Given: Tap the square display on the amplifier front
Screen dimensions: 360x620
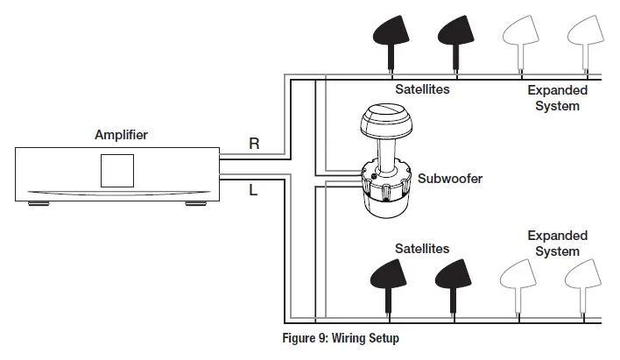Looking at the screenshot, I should click(117, 170).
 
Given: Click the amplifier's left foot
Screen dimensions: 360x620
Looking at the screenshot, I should click(38, 205).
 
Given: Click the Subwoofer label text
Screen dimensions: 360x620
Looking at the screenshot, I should click(450, 179).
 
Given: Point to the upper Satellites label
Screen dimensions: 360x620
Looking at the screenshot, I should click(421, 90).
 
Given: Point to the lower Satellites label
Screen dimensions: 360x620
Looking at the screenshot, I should click(421, 249).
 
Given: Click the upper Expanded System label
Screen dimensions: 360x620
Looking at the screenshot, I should click(557, 98).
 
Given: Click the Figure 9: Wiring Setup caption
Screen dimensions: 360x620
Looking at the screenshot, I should click(342, 337).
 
